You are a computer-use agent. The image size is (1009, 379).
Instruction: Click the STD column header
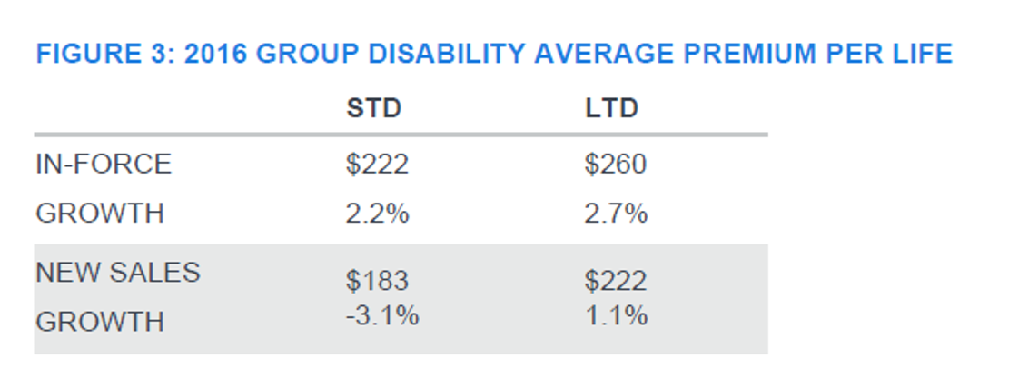373,109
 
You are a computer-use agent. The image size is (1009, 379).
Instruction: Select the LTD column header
611,109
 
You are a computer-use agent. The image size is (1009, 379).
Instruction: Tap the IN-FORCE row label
103,165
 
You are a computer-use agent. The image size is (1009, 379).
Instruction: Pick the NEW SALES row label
117,273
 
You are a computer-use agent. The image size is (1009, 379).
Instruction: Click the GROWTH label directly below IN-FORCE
100,214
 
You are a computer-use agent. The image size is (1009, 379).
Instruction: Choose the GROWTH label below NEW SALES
100,322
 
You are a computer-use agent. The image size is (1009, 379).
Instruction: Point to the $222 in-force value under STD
377,165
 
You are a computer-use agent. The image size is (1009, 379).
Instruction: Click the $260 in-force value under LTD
616,165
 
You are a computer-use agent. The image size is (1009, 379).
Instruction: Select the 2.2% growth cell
378,214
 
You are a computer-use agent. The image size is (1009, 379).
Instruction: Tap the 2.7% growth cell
616,214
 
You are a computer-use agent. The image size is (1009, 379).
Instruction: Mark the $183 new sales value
377,282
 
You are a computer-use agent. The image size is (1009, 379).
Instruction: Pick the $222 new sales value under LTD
616,282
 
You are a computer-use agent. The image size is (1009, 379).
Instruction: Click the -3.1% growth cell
381,315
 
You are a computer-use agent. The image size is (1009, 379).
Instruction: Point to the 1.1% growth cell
616,315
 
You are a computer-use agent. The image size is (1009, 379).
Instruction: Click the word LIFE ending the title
921,55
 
